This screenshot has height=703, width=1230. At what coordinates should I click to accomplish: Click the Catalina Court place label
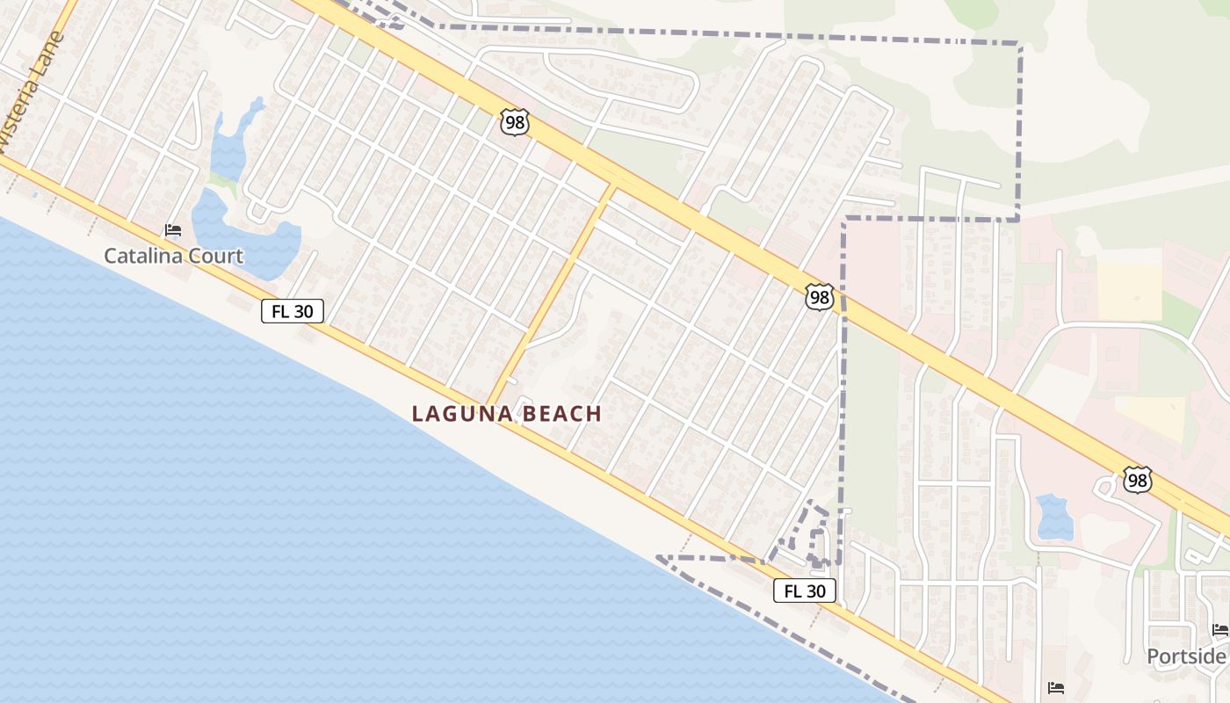click(x=173, y=256)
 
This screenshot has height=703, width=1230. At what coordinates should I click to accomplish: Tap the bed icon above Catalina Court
click(x=173, y=231)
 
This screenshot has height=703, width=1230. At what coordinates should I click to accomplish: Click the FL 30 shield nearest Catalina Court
click(x=293, y=310)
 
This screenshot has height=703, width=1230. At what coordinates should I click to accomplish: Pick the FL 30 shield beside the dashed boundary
click(x=804, y=591)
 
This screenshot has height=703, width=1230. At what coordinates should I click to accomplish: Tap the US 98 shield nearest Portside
click(x=1137, y=480)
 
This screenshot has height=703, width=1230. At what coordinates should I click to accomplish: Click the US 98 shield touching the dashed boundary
click(x=819, y=297)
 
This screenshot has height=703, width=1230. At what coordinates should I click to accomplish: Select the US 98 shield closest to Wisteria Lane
click(x=515, y=122)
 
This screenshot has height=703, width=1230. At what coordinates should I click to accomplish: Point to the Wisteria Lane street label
click(x=33, y=92)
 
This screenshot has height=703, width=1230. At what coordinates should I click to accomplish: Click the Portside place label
click(x=1186, y=656)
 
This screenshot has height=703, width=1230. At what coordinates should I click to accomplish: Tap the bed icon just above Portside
click(x=1219, y=630)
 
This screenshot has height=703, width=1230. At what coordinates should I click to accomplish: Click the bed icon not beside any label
click(x=1056, y=687)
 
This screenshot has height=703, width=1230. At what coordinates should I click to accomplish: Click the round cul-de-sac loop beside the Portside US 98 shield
click(x=1104, y=486)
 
